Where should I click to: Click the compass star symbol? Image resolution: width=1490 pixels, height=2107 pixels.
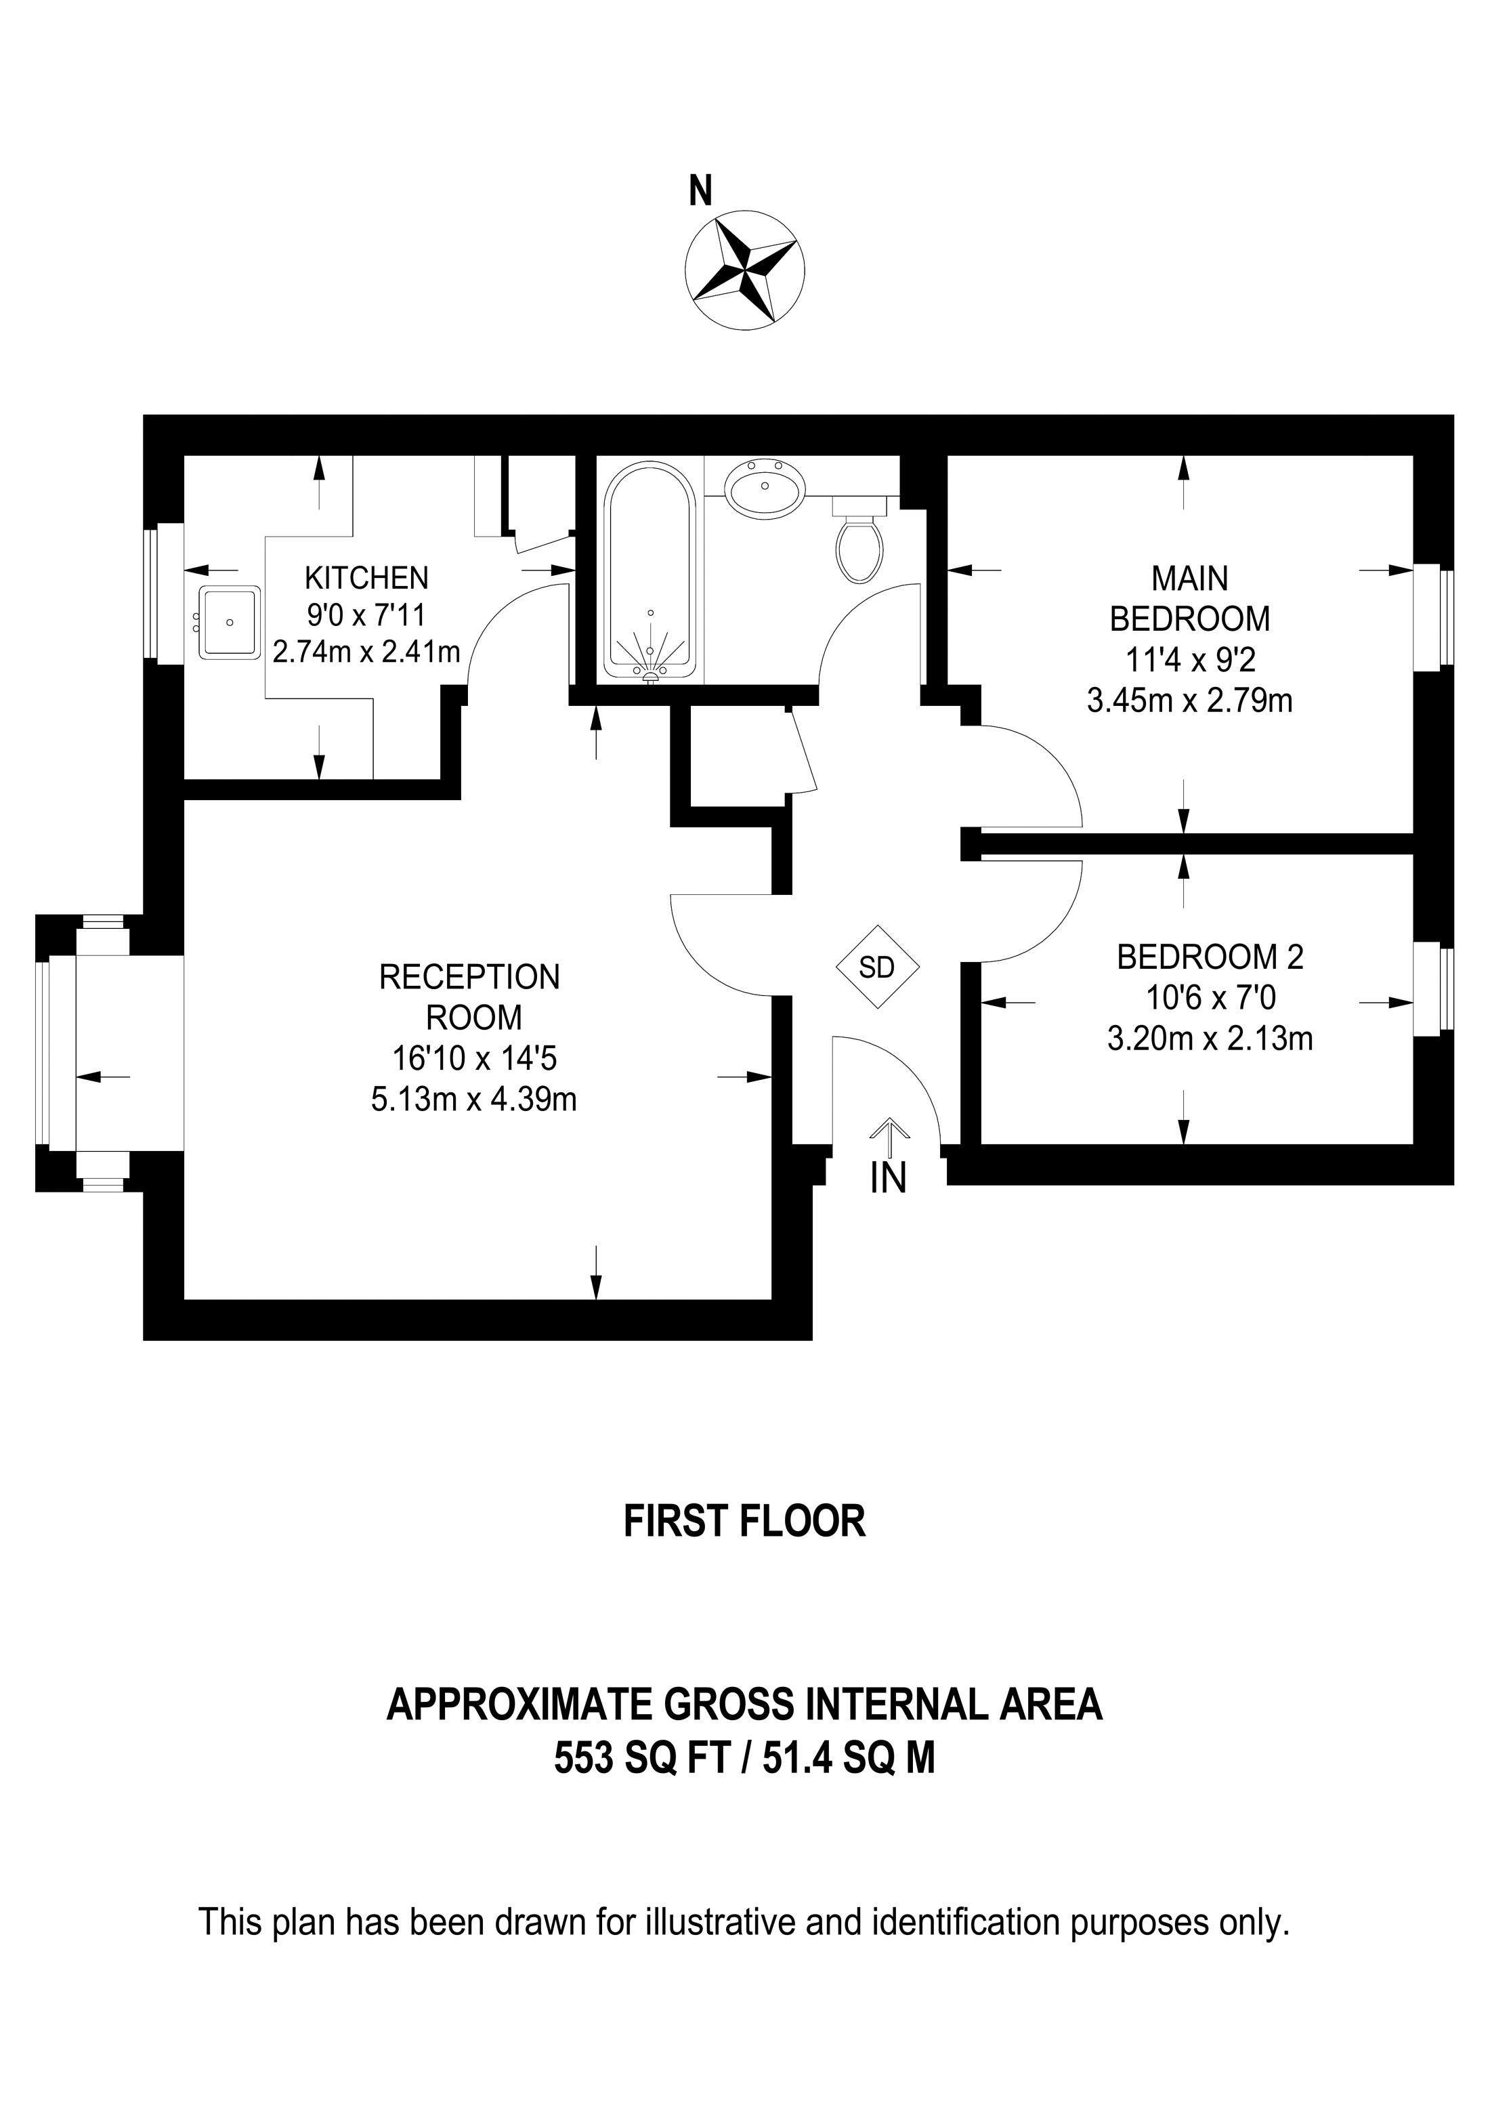pos(744,270)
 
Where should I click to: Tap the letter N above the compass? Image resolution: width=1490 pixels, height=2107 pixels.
pos(701,191)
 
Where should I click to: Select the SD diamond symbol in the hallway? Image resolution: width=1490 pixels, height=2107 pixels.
pos(878,967)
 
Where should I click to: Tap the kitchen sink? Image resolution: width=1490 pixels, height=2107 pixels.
pos(230,622)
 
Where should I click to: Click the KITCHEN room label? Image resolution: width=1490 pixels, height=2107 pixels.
pos(367,577)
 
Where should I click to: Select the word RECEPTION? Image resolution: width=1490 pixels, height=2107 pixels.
pos(470,978)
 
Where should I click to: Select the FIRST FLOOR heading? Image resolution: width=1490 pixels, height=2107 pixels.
pos(745,1522)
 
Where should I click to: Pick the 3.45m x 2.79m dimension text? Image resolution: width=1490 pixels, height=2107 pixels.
pos(1190,701)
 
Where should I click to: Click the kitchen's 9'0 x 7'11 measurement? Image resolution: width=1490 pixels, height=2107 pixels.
pos(367,614)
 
